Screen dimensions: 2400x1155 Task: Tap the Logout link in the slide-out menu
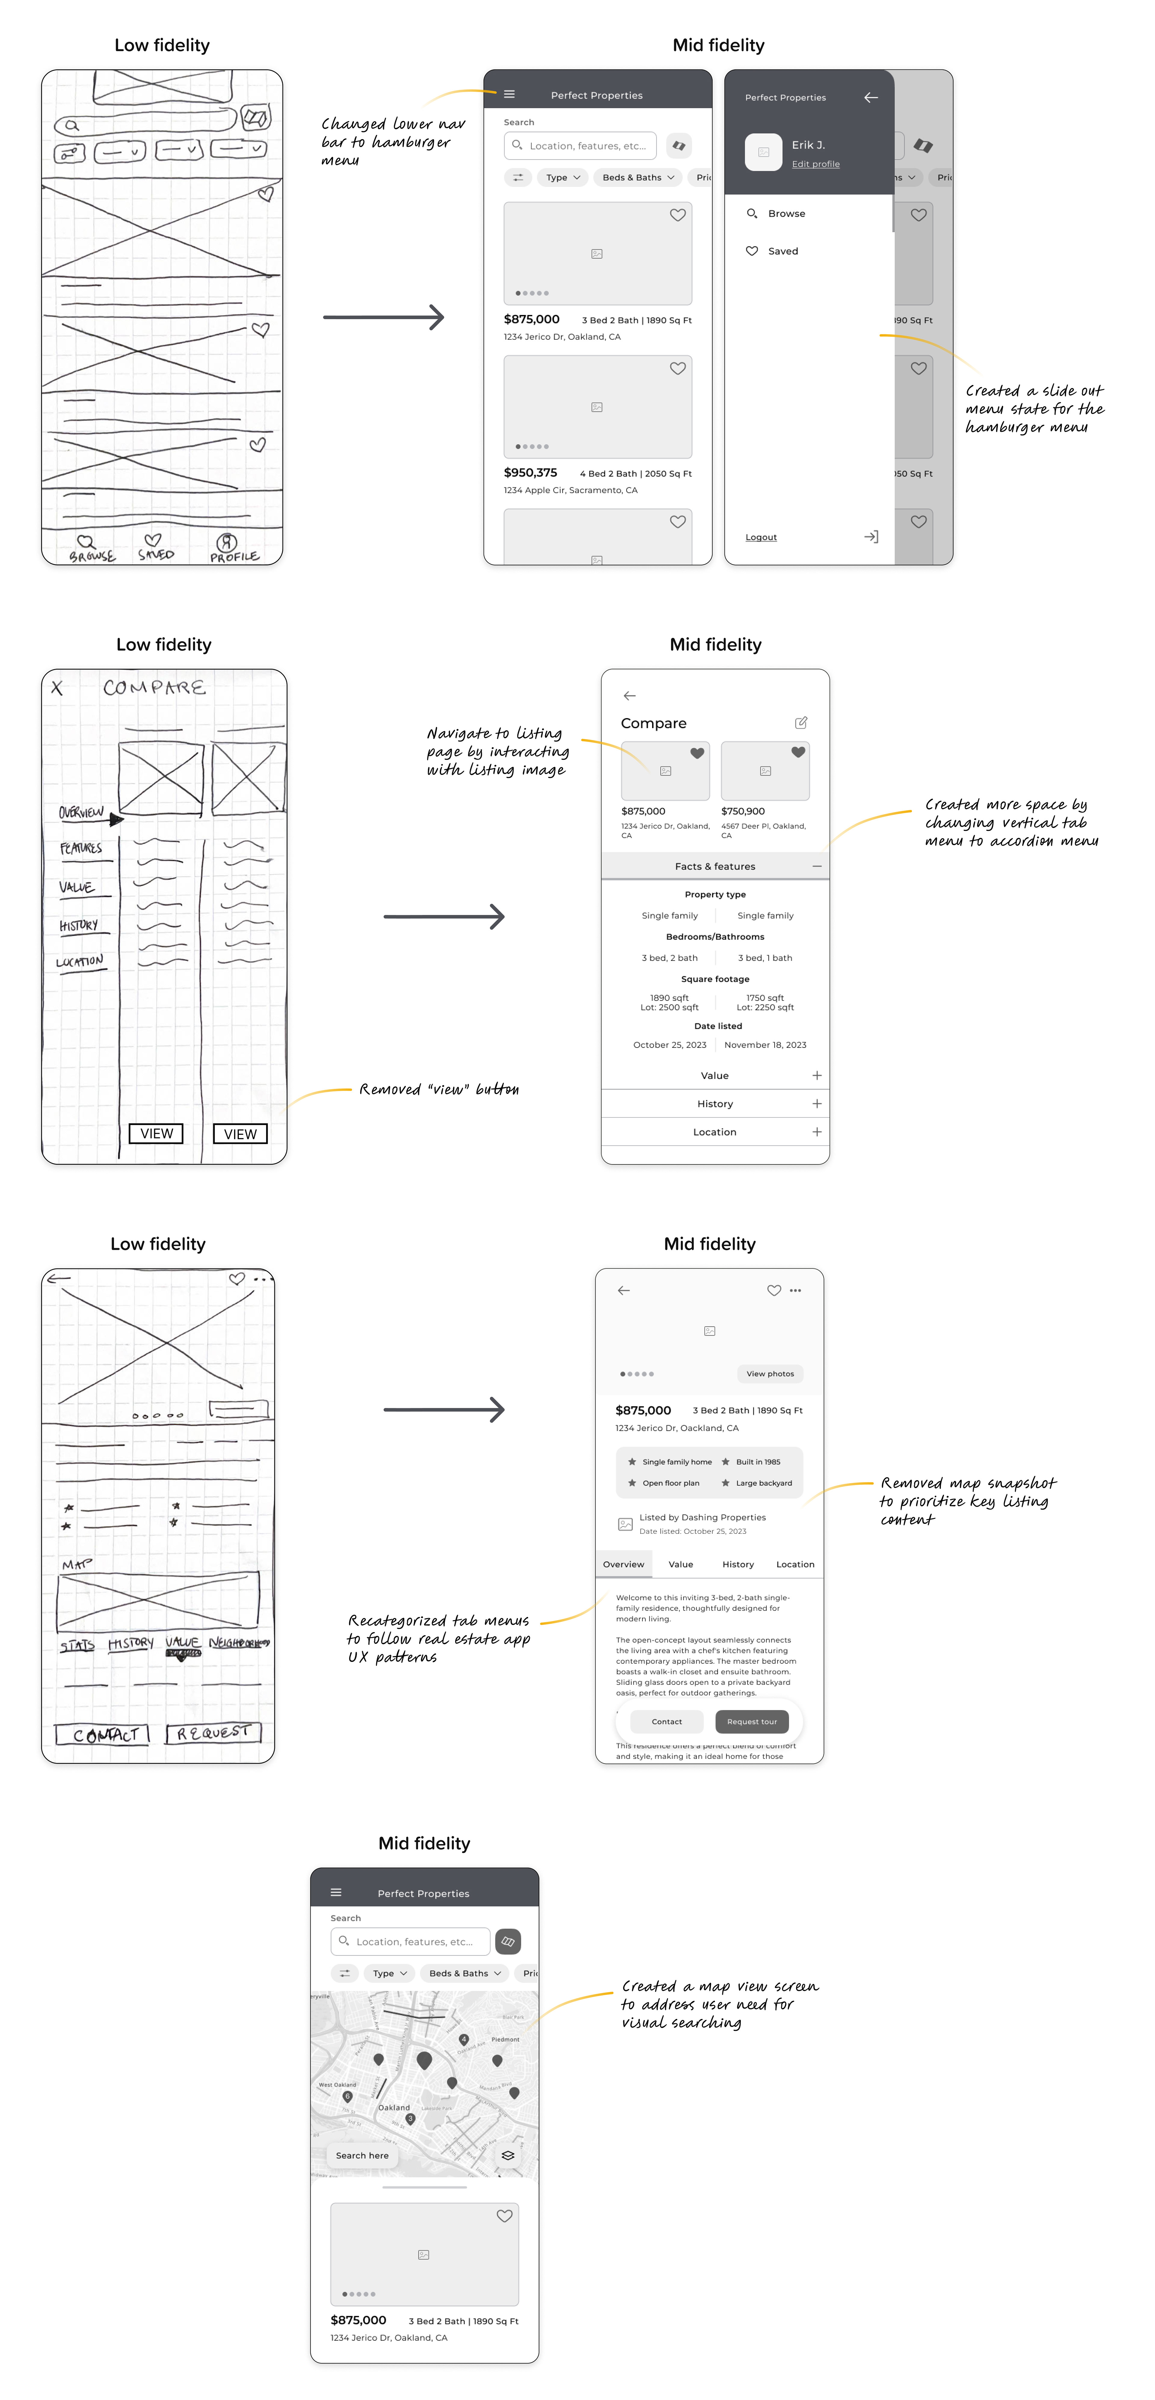[x=761, y=538]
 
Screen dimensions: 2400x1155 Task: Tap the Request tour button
[x=752, y=1722]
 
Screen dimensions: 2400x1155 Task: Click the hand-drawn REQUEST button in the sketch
[x=213, y=1733]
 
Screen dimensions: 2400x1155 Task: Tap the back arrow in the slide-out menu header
[x=871, y=97]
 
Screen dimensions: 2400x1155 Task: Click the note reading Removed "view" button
[x=439, y=1089]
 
